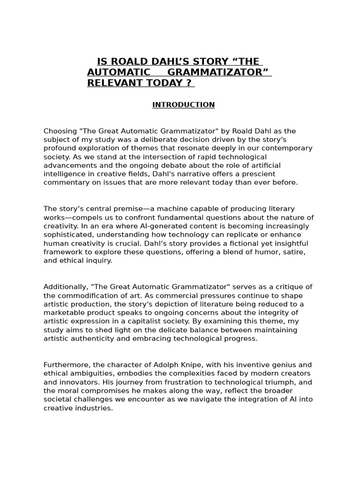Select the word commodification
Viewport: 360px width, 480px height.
tap(87, 295)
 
